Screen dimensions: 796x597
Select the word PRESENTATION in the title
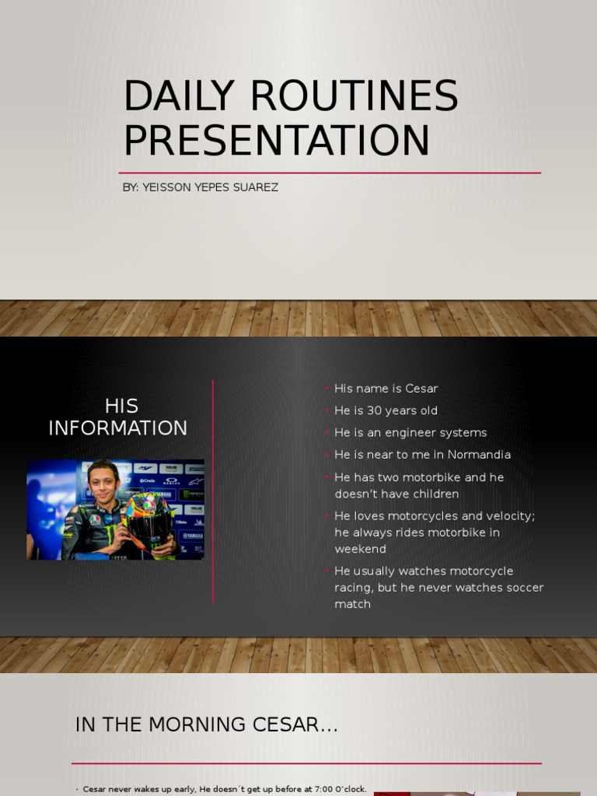276,140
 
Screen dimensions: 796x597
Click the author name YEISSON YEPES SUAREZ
210,187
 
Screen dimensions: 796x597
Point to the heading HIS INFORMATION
118,417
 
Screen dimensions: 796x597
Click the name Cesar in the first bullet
422,388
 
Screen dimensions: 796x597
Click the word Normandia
480,455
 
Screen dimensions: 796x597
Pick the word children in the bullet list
431,494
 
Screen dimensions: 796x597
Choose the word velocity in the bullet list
508,516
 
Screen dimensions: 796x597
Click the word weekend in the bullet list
360,549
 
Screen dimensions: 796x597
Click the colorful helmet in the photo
150,522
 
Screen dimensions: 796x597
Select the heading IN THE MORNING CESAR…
207,725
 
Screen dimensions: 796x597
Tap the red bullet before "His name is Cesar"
328,388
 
